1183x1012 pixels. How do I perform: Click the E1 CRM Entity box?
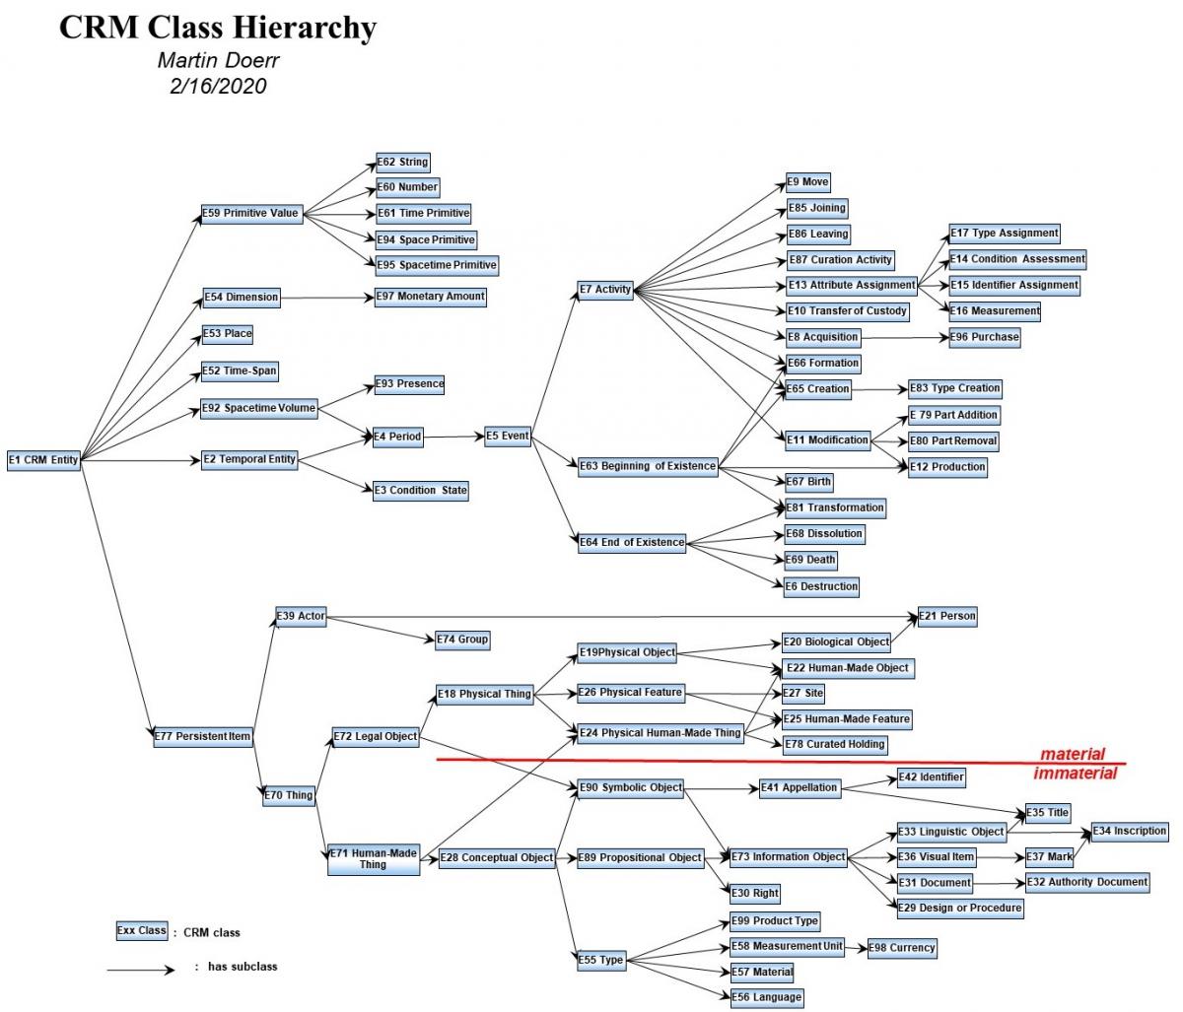(43, 460)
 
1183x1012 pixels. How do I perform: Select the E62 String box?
(402, 162)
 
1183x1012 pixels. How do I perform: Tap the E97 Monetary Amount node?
(430, 296)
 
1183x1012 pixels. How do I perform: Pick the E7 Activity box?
(605, 290)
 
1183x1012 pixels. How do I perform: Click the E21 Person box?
(947, 616)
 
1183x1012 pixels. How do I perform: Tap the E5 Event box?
(508, 436)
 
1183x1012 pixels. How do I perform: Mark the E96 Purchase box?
(984, 337)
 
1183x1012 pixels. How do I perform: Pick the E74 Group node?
(462, 640)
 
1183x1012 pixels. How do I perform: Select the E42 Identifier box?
(931, 776)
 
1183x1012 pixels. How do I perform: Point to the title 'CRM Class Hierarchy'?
(218, 28)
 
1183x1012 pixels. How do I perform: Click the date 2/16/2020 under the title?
(218, 86)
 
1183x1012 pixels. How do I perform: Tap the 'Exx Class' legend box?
(141, 930)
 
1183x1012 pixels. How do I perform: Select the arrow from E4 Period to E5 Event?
(454, 437)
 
